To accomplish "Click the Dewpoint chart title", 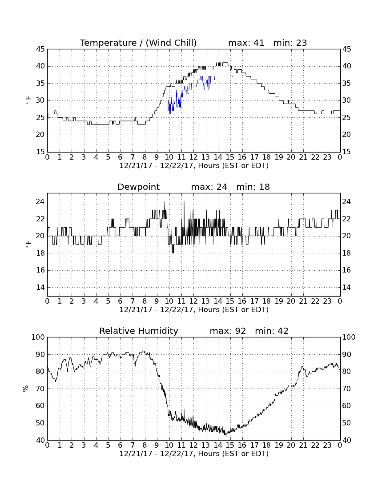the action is pyautogui.click(x=138, y=187).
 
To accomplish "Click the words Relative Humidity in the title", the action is pyautogui.click(x=139, y=331).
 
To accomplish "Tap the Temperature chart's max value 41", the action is pyautogui.click(x=259, y=43).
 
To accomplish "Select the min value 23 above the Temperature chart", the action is pyautogui.click(x=302, y=43).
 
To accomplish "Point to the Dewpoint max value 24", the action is pyautogui.click(x=222, y=187).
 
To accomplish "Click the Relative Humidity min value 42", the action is pyautogui.click(x=283, y=331).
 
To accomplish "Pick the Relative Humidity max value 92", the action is pyautogui.click(x=241, y=331).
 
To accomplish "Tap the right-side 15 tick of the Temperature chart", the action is pyautogui.click(x=346, y=152).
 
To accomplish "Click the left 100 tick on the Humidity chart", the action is pyautogui.click(x=39, y=337).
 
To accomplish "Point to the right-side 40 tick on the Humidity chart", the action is pyautogui.click(x=346, y=440).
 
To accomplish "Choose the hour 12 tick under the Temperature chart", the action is pyautogui.click(x=193, y=157).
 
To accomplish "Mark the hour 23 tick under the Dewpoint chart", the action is pyautogui.click(x=327, y=301).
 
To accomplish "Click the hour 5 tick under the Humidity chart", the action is pyautogui.click(x=108, y=445).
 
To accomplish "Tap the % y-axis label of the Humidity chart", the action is pyautogui.click(x=26, y=389).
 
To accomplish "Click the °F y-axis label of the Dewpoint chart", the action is pyautogui.click(x=28, y=244).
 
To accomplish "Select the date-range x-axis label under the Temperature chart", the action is pyautogui.click(x=194, y=166).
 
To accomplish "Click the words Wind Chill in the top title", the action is pyautogui.click(x=171, y=43).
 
